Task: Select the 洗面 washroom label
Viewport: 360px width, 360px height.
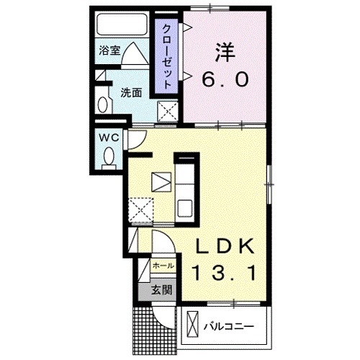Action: [x=130, y=92]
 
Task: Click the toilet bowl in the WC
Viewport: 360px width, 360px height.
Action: [x=109, y=155]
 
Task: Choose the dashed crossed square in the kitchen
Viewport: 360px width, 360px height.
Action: [x=141, y=210]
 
